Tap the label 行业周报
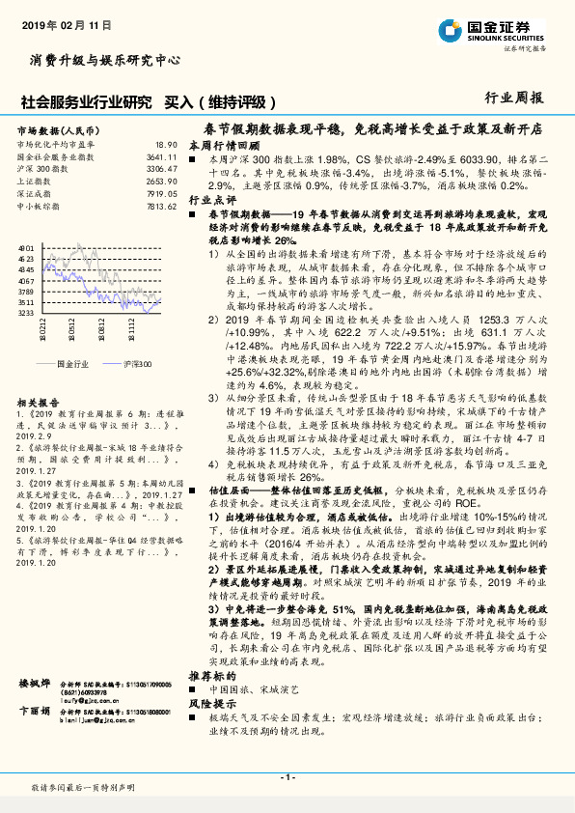(x=513, y=98)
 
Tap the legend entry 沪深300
(x=138, y=364)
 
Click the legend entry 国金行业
(x=72, y=364)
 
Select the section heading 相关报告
(x=40, y=400)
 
